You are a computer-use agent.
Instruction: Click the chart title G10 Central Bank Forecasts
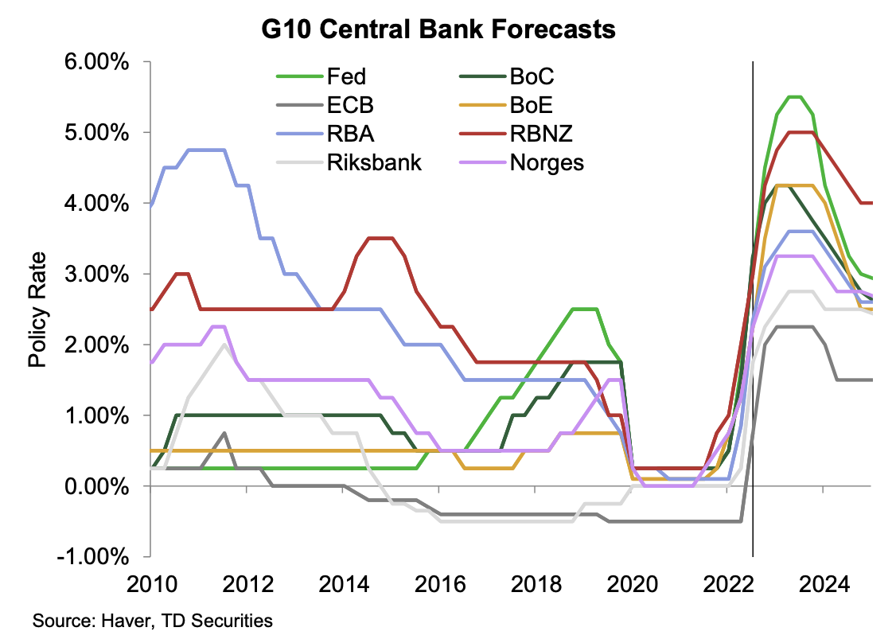point(439,30)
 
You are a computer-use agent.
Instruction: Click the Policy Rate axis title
point(37,310)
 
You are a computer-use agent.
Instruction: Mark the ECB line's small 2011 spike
point(224,433)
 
